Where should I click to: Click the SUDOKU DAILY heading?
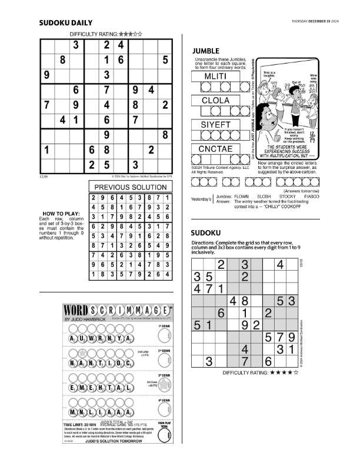[x=66, y=24]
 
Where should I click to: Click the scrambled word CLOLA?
[x=215, y=101]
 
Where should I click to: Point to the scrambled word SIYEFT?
[x=215, y=125]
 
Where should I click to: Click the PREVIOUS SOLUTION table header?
[x=131, y=187]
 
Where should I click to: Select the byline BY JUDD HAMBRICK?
[x=81, y=318]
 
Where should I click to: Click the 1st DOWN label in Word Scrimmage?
[x=164, y=325]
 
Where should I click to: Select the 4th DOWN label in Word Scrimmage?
[x=164, y=401]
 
